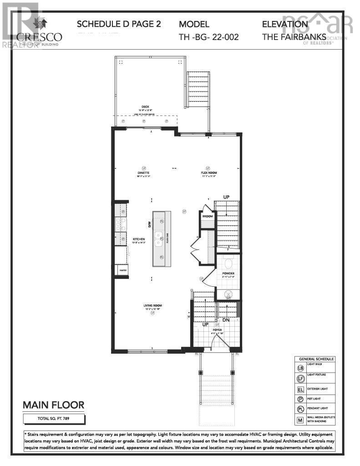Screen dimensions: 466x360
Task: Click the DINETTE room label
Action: pos(144,173)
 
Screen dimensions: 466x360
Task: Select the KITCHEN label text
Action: pos(138,239)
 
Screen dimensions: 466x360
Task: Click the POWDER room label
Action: pos(228,274)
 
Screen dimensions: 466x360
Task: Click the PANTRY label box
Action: pos(122,270)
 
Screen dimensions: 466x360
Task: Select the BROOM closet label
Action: pos(208,216)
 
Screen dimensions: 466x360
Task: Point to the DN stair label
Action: pos(226,320)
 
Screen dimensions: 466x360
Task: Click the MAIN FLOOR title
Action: pos(54,405)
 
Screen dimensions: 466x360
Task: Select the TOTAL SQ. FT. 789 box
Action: pos(54,417)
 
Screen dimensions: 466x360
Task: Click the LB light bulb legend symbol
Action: pos(300,368)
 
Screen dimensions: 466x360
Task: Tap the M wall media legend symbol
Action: pos(300,420)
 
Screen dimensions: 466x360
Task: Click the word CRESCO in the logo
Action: pos(39,36)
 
